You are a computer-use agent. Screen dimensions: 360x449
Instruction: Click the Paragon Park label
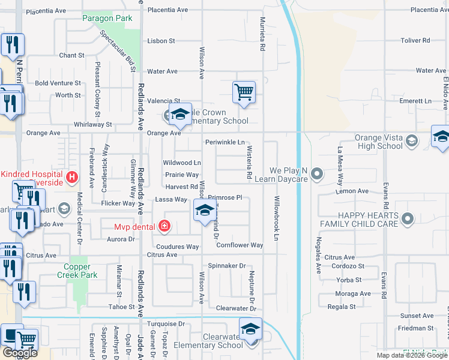point(107,19)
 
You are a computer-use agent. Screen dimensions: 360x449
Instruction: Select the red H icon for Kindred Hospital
point(71,177)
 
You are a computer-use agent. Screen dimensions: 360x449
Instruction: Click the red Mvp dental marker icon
point(164,226)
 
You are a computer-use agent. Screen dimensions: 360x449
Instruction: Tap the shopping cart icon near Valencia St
point(244,92)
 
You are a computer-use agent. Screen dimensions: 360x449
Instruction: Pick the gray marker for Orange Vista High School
point(411,141)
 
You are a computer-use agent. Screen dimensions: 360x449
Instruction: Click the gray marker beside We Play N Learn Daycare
point(318,175)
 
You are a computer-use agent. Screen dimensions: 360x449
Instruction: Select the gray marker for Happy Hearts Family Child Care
point(408,219)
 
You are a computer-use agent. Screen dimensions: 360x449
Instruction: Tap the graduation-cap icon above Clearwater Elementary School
point(250,328)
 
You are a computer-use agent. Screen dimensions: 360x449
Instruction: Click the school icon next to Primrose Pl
point(204,210)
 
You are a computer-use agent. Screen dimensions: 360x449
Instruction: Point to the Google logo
point(20,352)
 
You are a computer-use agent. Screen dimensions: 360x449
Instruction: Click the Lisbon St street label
point(161,41)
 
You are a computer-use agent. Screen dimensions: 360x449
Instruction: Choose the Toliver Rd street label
point(417,41)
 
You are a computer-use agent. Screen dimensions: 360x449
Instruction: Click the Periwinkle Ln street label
point(224,143)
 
